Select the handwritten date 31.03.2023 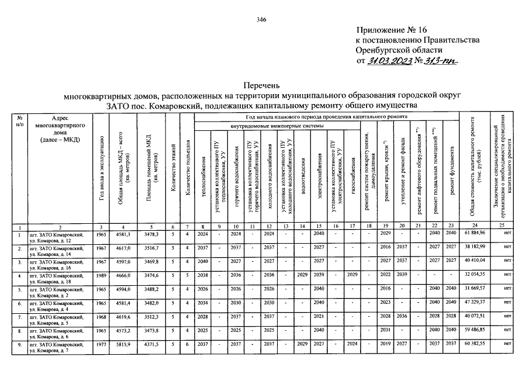tap(388, 61)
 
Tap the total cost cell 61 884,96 tap(475, 233)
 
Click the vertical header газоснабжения tap(353, 175)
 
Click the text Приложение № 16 tap(389, 29)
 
